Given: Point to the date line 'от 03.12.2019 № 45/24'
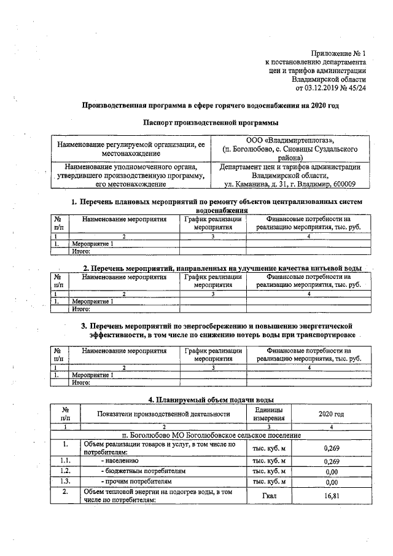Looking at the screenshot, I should (x=331, y=88).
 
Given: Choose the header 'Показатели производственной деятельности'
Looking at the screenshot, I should (x=163, y=415).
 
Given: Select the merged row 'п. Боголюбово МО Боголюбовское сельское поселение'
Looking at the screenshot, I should (x=211, y=435).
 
